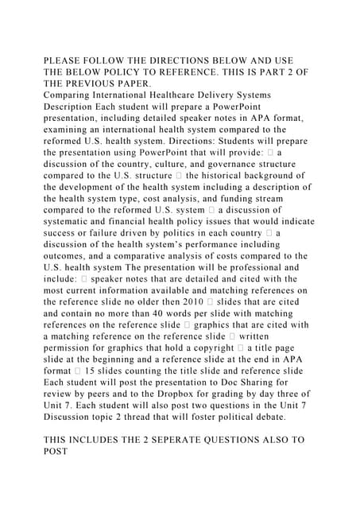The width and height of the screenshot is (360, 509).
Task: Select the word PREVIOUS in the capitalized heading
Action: coord(100,83)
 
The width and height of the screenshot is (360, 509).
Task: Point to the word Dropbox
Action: coord(178,394)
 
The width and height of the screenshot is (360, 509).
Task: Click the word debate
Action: coord(289,416)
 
